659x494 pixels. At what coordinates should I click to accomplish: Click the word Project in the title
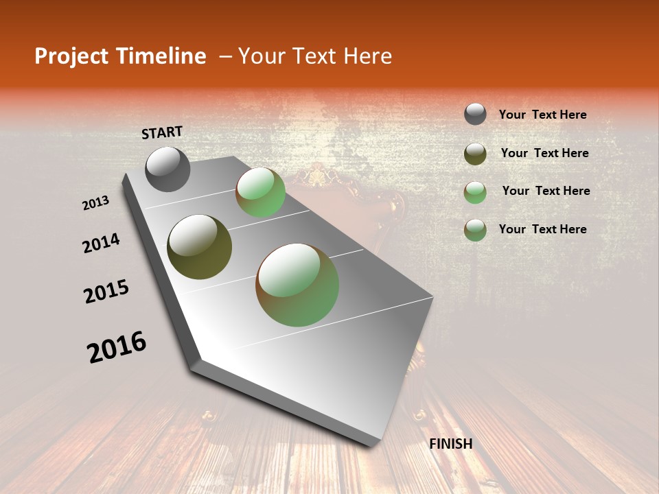[x=73, y=56]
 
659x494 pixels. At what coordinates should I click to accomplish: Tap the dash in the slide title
[x=224, y=56]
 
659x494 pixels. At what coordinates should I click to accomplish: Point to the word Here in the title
[x=367, y=56]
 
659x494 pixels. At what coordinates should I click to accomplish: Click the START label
[x=162, y=132]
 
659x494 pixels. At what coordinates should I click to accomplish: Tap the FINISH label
[x=450, y=444]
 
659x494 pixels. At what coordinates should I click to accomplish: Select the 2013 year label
[x=96, y=203]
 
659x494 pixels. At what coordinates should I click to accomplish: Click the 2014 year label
[x=101, y=243]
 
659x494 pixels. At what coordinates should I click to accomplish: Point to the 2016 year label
[x=117, y=347]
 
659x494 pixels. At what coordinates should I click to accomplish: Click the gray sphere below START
[x=167, y=169]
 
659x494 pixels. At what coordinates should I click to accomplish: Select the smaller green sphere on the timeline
[x=260, y=192]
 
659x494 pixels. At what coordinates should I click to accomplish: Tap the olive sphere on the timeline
[x=199, y=247]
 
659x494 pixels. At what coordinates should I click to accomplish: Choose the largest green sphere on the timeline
[x=297, y=285]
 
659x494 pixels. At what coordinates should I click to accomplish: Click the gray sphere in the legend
[x=475, y=114]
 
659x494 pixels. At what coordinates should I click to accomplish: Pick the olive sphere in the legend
[x=475, y=154]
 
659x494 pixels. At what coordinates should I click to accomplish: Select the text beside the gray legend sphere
[x=542, y=115]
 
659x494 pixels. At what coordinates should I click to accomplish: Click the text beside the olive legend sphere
[x=544, y=153]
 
